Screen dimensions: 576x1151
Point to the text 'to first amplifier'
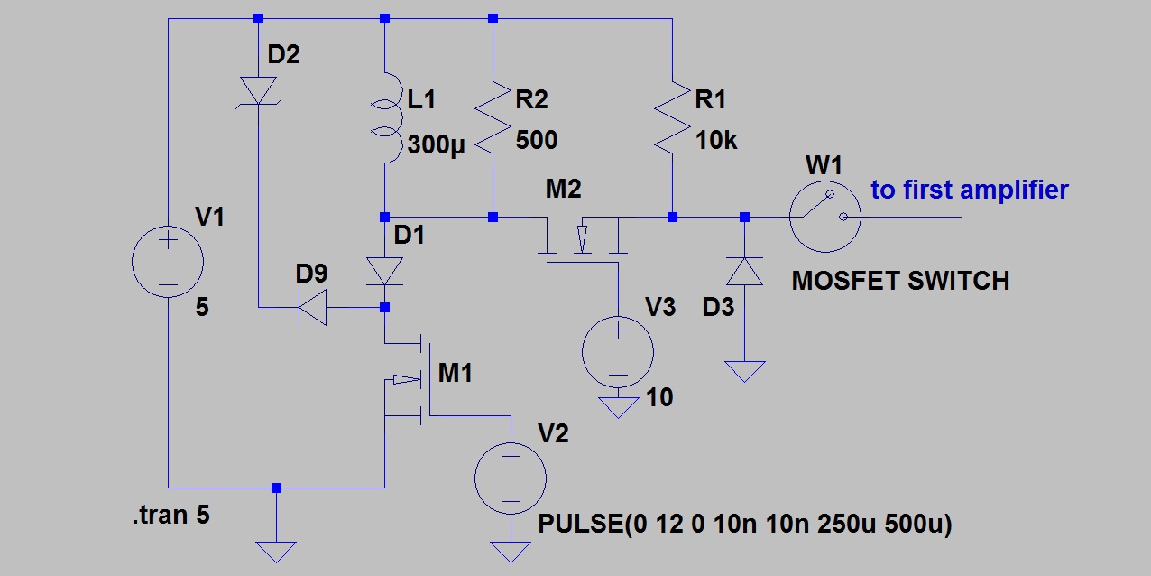tap(969, 190)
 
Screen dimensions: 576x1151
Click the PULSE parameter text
tap(744, 524)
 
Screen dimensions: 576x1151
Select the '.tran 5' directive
tap(173, 516)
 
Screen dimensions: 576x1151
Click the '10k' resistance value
tap(716, 140)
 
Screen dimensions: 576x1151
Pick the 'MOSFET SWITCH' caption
tap(899, 281)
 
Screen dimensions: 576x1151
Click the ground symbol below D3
tap(744, 370)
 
